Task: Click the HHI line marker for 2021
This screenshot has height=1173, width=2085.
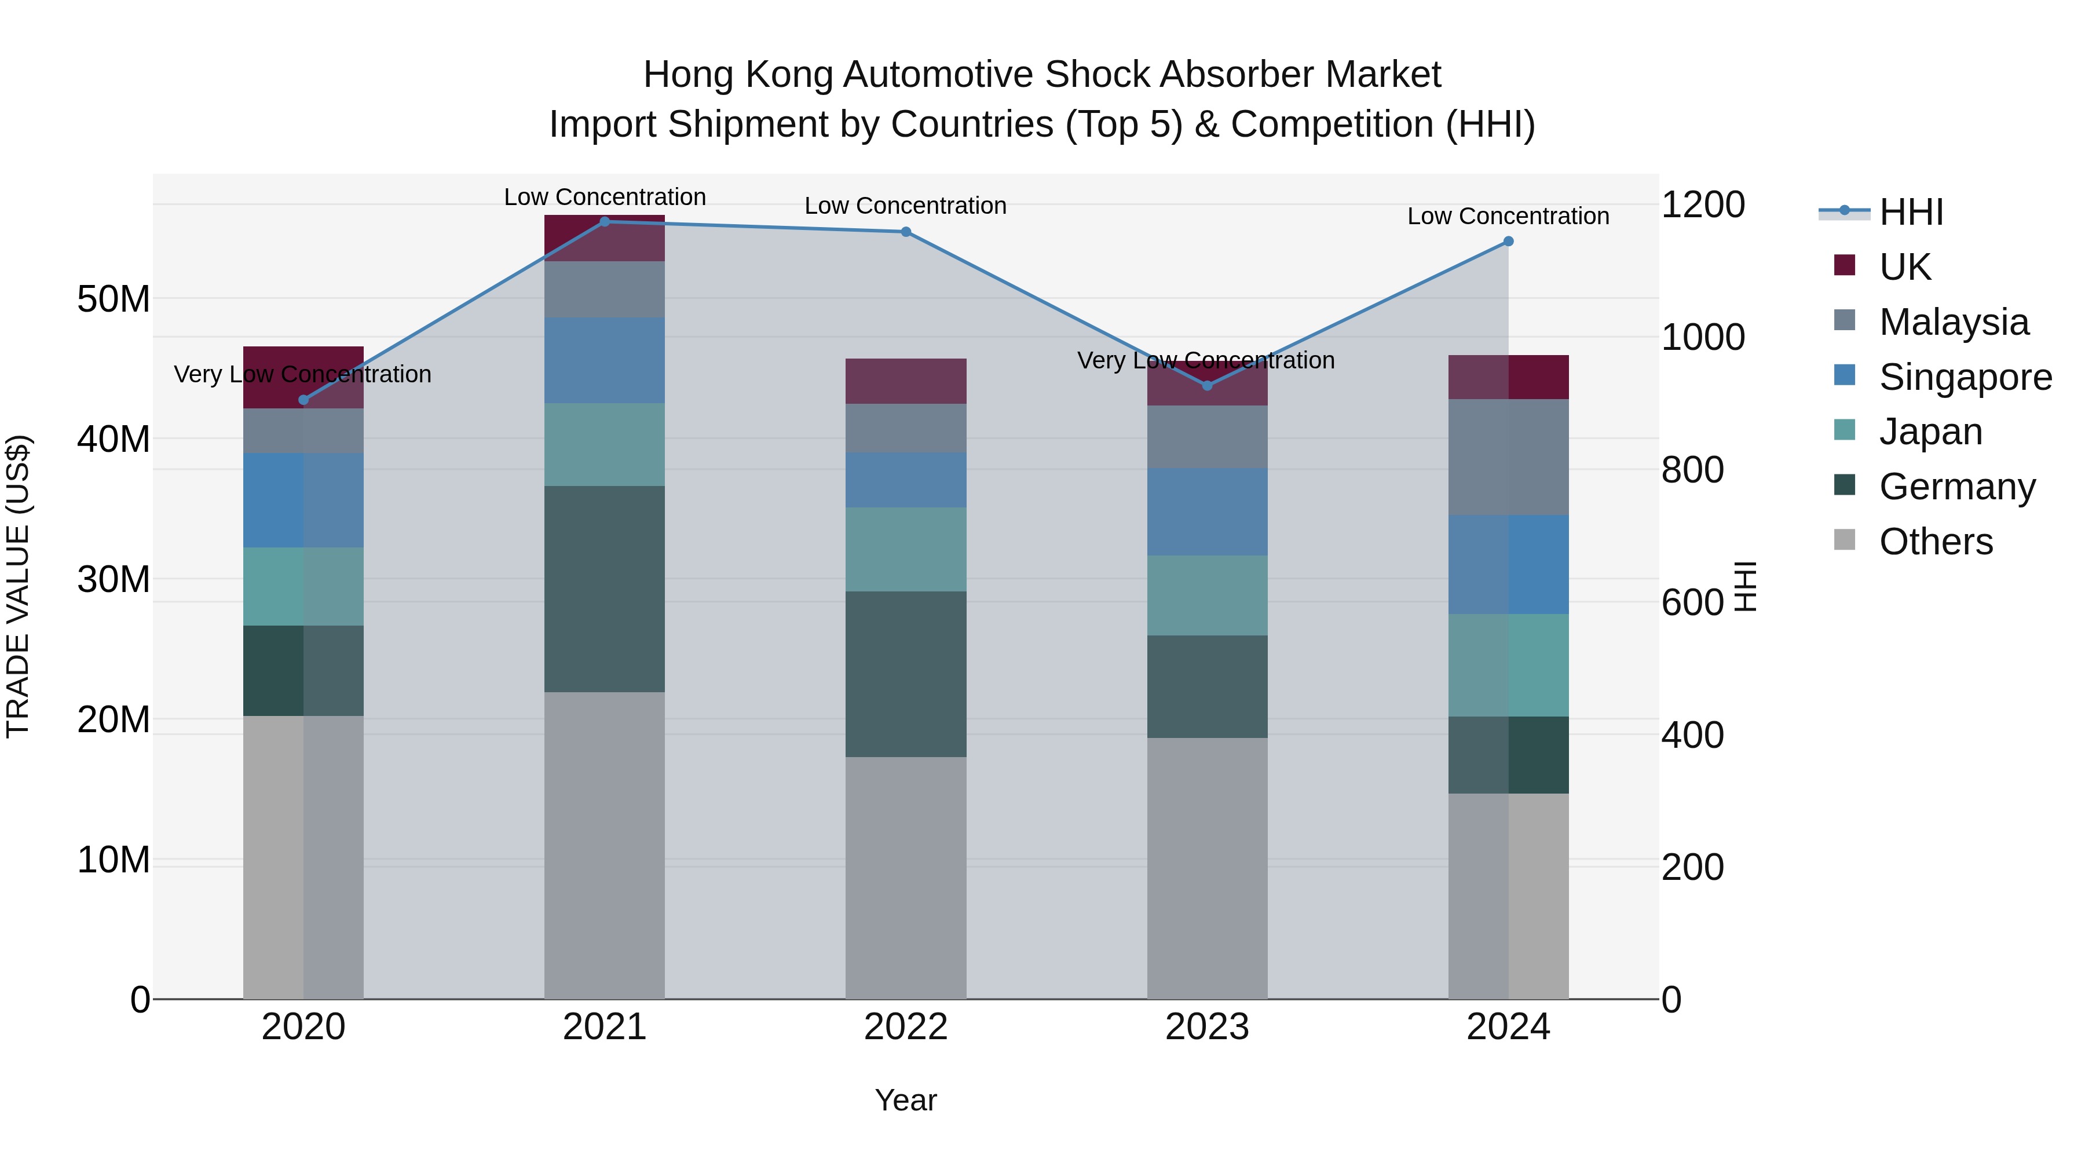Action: tap(605, 222)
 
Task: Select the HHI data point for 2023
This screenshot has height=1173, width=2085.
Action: tap(1207, 385)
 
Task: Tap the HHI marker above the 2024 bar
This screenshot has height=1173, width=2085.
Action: tap(1508, 241)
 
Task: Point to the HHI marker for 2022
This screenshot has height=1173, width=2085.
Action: tap(906, 232)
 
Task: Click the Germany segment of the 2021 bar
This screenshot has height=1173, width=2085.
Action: tap(605, 589)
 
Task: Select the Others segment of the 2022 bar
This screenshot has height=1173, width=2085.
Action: tap(906, 878)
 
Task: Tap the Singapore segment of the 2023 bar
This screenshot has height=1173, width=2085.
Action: tap(1207, 511)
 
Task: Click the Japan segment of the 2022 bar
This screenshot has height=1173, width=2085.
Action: tap(906, 549)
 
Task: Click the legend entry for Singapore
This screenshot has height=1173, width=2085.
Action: tap(1965, 377)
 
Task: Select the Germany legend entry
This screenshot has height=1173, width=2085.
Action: tap(1956, 487)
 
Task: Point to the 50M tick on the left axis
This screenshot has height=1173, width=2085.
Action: tap(114, 299)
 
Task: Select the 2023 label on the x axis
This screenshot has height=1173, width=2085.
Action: tap(1207, 1027)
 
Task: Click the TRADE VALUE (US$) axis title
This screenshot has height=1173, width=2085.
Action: tap(18, 586)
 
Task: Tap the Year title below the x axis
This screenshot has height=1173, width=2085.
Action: tap(906, 1100)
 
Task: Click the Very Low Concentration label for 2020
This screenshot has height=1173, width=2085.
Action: tap(303, 374)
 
